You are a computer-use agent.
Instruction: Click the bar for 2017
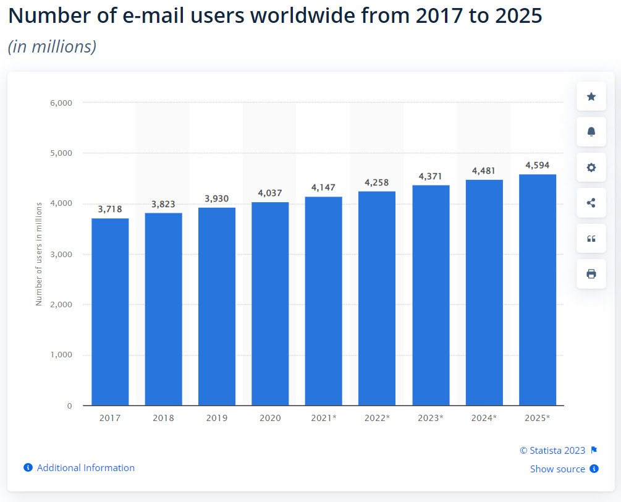(x=110, y=312)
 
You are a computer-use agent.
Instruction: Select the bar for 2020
(x=270, y=304)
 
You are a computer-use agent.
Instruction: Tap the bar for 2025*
(x=538, y=290)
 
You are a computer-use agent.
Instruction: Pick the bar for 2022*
(x=377, y=299)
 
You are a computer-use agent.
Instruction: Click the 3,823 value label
(x=163, y=204)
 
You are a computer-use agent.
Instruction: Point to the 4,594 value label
(x=537, y=165)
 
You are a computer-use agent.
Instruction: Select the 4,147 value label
(x=323, y=187)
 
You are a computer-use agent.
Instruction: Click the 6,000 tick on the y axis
(x=61, y=103)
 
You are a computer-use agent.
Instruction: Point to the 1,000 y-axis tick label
(x=61, y=355)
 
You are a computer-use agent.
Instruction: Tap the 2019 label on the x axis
(x=217, y=418)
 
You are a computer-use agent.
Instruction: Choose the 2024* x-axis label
(x=484, y=418)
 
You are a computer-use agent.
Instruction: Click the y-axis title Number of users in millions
(x=39, y=253)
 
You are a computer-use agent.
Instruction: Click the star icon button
(x=591, y=96)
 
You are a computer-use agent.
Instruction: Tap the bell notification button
(x=591, y=132)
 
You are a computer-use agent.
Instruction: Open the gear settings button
(x=591, y=168)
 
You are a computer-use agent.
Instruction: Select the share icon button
(x=591, y=203)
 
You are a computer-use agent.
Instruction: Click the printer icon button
(x=591, y=274)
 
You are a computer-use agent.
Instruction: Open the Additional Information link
(x=85, y=468)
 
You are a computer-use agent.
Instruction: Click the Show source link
(x=557, y=469)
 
